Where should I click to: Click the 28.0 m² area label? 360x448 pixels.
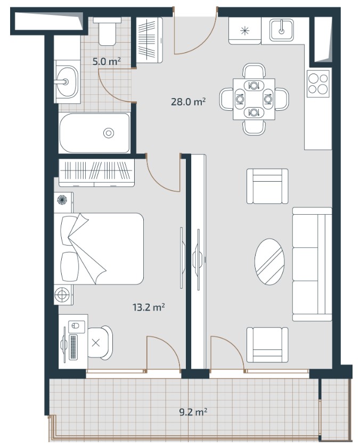[189, 102]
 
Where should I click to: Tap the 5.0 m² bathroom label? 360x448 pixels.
[107, 61]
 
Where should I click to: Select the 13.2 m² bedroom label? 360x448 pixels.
[149, 307]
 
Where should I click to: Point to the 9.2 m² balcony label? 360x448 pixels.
[193, 412]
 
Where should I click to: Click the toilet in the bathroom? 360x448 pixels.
[108, 31]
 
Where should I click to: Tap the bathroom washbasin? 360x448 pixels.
[67, 82]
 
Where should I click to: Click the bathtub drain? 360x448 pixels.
[109, 133]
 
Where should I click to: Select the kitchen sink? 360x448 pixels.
[282, 30]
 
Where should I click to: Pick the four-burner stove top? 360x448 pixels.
[318, 84]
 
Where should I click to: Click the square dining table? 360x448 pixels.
[254, 99]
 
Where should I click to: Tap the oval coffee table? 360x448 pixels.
[269, 262]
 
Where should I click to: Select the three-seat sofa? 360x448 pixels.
[312, 264]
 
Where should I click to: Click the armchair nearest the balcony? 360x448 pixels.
[267, 345]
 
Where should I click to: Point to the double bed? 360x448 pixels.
[99, 249]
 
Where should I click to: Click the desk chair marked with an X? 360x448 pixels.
[100, 343]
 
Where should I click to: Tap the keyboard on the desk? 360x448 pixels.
[73, 347]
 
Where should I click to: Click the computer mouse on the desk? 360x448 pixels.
[75, 325]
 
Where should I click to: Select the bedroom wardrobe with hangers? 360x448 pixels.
[96, 173]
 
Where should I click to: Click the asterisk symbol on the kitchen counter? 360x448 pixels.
[245, 30]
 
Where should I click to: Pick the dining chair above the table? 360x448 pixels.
[254, 70]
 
